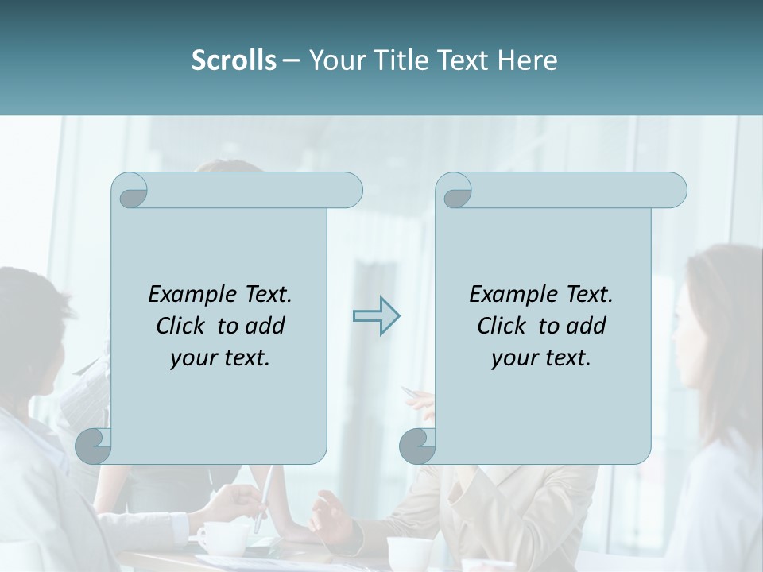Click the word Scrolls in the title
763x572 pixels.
tap(234, 60)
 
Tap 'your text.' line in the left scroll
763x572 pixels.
tap(220, 358)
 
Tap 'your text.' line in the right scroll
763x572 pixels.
tap(541, 358)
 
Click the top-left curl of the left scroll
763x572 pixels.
tap(130, 191)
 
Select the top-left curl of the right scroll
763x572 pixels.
tap(455, 191)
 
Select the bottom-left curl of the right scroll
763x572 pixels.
tap(418, 446)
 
